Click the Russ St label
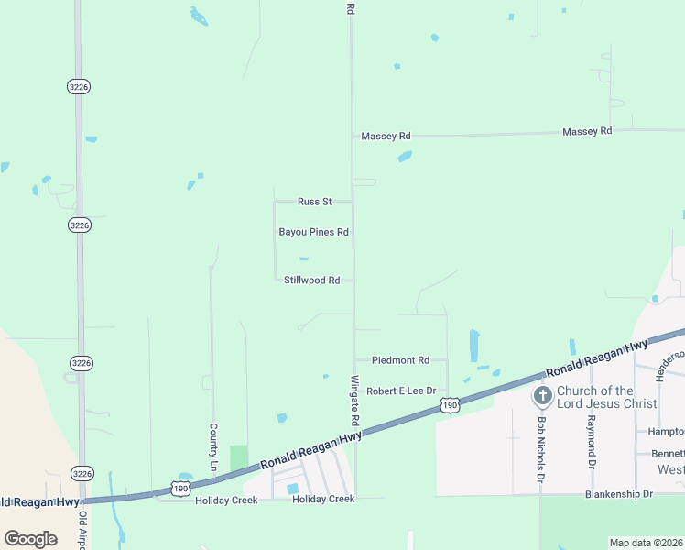[x=314, y=202]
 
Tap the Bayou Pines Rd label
[x=314, y=233]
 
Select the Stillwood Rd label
[x=312, y=280]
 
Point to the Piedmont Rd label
[x=400, y=360]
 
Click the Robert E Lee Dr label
[x=401, y=390]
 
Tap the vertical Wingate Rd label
[x=353, y=400]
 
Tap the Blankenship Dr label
[x=621, y=494]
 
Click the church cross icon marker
[x=542, y=396]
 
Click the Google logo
[x=31, y=538]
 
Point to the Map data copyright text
[x=646, y=542]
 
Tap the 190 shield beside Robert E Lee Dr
[x=448, y=404]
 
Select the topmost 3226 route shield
[x=79, y=86]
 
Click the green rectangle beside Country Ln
[x=238, y=456]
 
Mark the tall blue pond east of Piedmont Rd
[x=473, y=346]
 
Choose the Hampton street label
[x=666, y=432]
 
